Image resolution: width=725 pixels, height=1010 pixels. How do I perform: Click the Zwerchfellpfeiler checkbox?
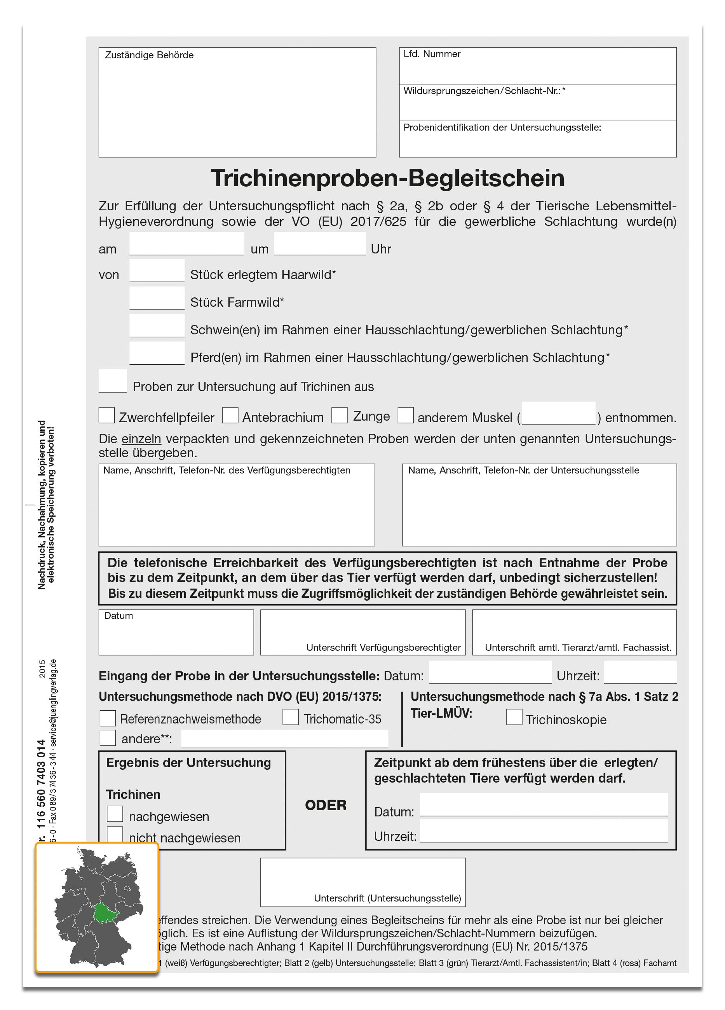[x=106, y=416]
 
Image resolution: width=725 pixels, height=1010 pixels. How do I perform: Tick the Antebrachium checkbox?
[x=230, y=416]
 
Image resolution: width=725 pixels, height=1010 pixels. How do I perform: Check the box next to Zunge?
[x=340, y=416]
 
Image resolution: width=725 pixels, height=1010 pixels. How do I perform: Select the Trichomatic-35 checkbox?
[x=291, y=717]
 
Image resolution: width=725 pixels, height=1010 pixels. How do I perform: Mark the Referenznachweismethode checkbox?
[x=108, y=718]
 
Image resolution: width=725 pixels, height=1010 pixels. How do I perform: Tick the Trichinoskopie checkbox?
[x=514, y=717]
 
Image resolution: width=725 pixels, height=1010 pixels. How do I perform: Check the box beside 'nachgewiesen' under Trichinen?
[x=115, y=814]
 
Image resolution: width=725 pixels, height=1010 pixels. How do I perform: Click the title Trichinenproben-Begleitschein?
[x=387, y=178]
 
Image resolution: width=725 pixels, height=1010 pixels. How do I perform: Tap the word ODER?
[x=325, y=805]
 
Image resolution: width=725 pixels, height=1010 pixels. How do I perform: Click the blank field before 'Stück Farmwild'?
[x=157, y=298]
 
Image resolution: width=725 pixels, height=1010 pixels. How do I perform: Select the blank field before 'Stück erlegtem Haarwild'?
[x=157, y=271]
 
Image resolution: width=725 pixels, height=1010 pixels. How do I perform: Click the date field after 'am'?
[x=186, y=244]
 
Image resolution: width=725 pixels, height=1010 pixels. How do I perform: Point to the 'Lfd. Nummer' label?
[x=432, y=54]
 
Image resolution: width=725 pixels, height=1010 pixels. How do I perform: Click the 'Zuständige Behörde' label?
[x=149, y=55]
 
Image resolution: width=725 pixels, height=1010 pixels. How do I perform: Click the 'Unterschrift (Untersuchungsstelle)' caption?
[x=387, y=898]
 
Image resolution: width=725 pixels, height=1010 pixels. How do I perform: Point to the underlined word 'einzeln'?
[x=141, y=439]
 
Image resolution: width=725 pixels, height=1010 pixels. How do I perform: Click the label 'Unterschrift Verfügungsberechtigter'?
[x=383, y=648]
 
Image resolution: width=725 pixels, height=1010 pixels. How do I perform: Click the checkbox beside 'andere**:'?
[x=108, y=737]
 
